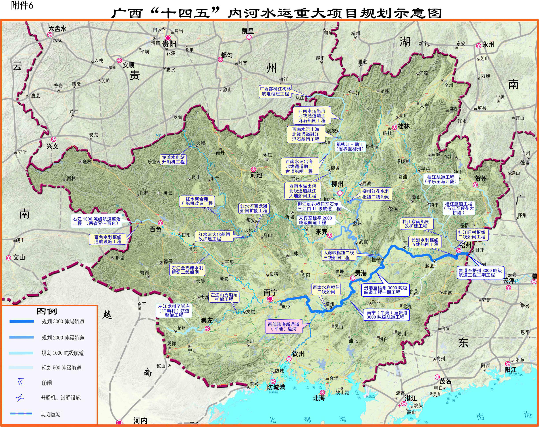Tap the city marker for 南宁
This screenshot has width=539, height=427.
(x=270, y=299)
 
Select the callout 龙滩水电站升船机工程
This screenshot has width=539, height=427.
(x=173, y=159)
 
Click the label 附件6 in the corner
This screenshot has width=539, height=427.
(x=22, y=6)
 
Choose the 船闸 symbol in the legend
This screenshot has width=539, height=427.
(x=21, y=382)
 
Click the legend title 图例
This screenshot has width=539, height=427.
(x=47, y=311)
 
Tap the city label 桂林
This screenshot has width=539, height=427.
(x=404, y=126)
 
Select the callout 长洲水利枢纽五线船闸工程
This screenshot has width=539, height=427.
(x=425, y=242)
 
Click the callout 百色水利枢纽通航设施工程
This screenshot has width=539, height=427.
(x=108, y=239)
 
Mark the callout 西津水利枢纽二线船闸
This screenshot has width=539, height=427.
(x=326, y=290)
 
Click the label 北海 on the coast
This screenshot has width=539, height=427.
(x=318, y=398)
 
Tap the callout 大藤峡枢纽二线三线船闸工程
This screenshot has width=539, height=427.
(x=339, y=255)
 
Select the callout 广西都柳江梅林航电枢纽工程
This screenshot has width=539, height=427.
(x=275, y=91)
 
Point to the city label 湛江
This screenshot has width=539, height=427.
(x=411, y=398)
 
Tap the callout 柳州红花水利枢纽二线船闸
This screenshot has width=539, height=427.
(x=376, y=194)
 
